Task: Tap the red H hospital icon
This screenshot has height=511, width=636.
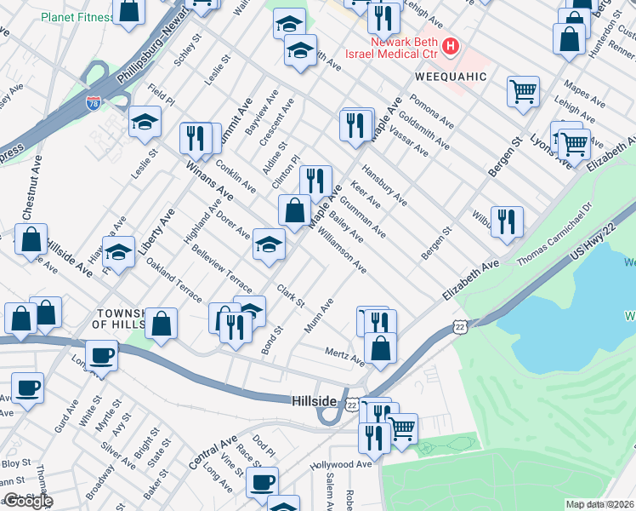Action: pos(451,45)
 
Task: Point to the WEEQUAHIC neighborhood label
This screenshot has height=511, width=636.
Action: pos(450,77)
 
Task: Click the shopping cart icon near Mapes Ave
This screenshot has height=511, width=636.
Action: pos(523,91)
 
